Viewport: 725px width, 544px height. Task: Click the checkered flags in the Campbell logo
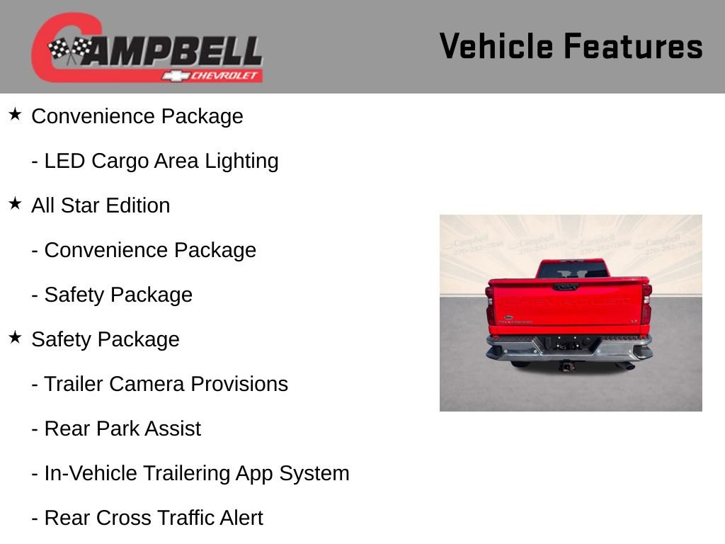pos(69,50)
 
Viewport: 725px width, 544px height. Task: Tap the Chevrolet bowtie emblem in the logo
pos(174,75)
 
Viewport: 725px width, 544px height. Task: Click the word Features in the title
pos(634,46)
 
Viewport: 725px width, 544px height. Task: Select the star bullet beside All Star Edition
pos(15,204)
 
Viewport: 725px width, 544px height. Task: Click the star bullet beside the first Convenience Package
pos(15,115)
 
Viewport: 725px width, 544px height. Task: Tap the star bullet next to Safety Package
pos(15,338)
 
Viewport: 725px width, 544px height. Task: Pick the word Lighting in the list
pos(241,161)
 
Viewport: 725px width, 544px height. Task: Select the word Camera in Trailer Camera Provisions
pos(147,384)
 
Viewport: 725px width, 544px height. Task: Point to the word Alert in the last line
pos(239,518)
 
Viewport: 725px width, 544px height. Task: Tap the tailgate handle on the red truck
pos(565,287)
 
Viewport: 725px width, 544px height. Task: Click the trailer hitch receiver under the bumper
pos(567,365)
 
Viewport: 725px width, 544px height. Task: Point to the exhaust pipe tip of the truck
pos(627,365)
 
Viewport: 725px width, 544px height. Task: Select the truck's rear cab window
pos(572,270)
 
